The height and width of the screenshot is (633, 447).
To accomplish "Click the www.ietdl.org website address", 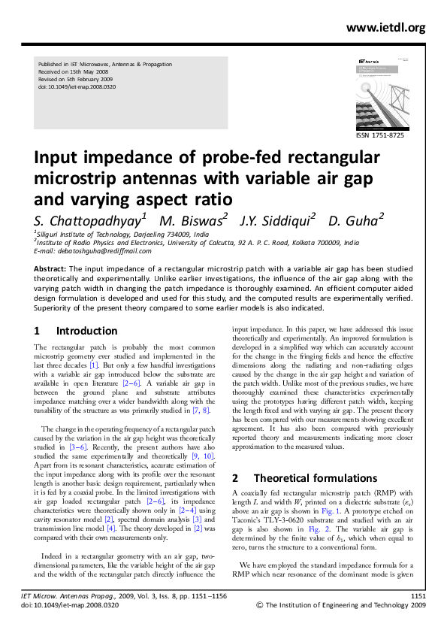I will coord(386,29).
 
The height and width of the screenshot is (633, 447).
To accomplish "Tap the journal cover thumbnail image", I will coord(388,88).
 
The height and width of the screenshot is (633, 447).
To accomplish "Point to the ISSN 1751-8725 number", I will coord(390,135).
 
